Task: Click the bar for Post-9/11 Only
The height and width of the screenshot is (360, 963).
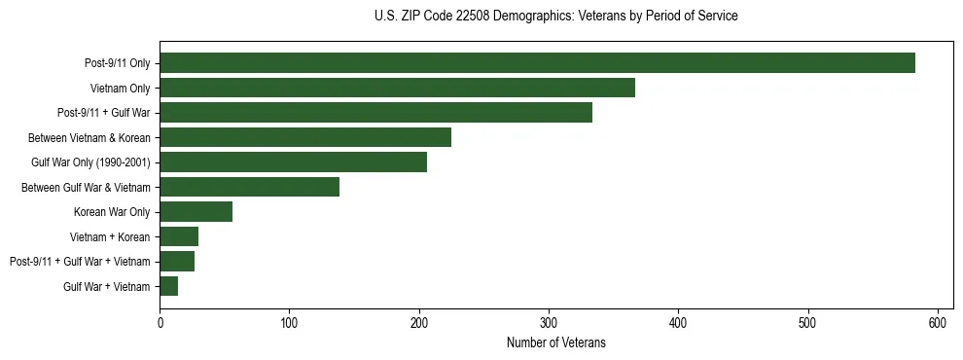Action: (x=537, y=63)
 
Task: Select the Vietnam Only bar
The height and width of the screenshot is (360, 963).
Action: (x=397, y=88)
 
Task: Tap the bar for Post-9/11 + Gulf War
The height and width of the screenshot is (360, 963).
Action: (x=375, y=113)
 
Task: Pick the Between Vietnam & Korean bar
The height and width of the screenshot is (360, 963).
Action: (x=305, y=137)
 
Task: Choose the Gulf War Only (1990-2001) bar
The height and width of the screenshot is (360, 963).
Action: (x=293, y=162)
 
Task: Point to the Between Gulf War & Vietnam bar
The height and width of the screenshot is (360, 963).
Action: (x=249, y=187)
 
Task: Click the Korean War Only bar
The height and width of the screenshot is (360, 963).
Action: (x=196, y=212)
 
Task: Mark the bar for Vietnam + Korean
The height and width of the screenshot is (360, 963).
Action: (x=179, y=236)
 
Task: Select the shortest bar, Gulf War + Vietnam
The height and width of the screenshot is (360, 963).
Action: (x=169, y=286)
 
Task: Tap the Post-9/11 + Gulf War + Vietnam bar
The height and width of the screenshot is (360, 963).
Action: (x=177, y=262)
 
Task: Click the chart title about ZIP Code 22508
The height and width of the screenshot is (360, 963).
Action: (x=555, y=17)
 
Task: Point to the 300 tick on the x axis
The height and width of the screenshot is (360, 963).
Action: (x=549, y=322)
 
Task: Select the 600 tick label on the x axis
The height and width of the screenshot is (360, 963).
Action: (x=938, y=322)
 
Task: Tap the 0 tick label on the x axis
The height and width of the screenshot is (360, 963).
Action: (x=160, y=322)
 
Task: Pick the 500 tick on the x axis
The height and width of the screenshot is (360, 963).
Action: (x=808, y=322)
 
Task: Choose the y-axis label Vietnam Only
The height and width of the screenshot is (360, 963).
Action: (x=120, y=89)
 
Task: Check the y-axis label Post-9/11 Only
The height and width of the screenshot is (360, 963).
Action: (x=118, y=63)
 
